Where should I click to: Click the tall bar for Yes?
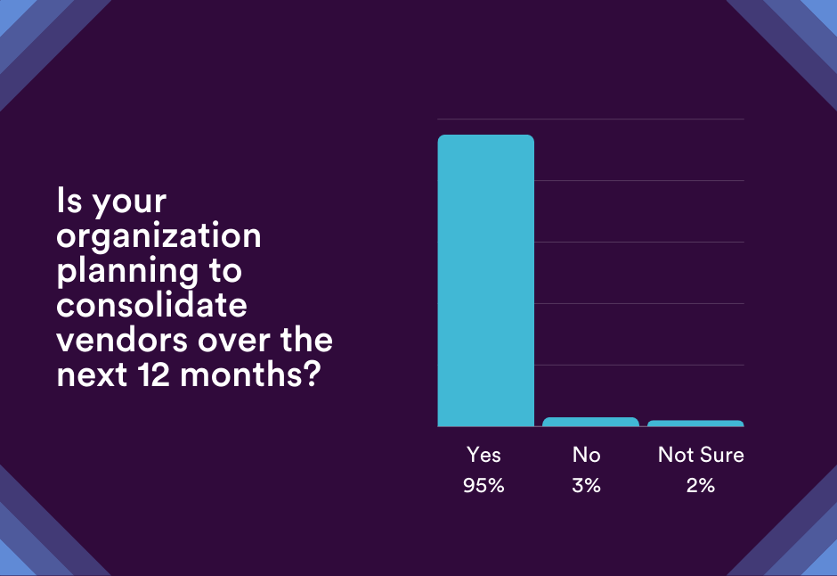(485, 281)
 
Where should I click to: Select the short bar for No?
(590, 422)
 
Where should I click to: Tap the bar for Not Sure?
(695, 424)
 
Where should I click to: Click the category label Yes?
(484, 455)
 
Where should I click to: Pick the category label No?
(587, 455)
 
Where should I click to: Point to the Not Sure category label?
(701, 455)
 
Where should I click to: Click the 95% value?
(484, 486)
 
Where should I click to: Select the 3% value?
(587, 486)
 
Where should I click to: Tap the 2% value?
(701, 486)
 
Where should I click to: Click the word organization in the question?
(159, 236)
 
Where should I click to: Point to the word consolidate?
(151, 305)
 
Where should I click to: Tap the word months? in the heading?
(249, 374)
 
